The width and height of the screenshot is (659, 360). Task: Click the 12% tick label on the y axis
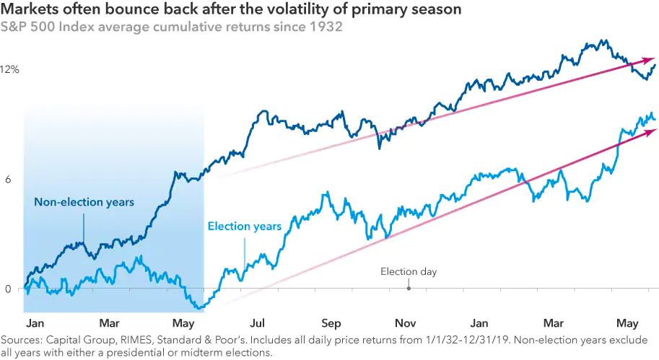[10, 70]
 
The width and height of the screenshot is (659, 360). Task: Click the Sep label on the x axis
[331, 323]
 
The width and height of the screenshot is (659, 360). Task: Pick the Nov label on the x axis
[405, 323]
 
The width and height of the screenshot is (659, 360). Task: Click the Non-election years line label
[84, 202]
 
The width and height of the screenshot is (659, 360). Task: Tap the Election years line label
[244, 227]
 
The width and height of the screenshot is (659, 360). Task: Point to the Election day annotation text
[409, 272]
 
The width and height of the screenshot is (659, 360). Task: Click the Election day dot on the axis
[409, 289]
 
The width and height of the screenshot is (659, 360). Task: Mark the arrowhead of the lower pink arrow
[653, 130]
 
